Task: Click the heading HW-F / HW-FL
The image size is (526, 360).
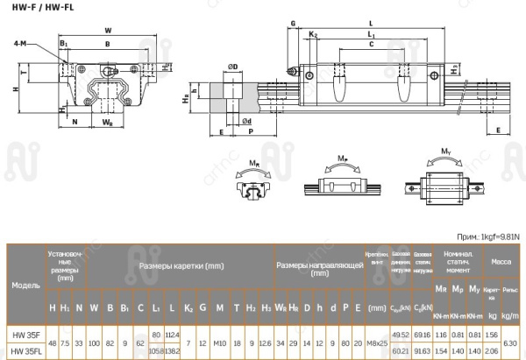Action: (x=36, y=9)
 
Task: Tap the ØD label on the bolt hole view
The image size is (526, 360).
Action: (x=233, y=67)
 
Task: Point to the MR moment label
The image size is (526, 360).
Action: (x=252, y=162)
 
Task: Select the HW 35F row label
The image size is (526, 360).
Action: (x=25, y=335)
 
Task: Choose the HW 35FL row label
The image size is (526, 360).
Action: (x=25, y=351)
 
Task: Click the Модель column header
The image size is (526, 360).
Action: (x=25, y=286)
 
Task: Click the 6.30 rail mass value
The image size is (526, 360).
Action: (x=511, y=342)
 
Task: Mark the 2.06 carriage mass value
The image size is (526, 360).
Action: (x=491, y=351)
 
